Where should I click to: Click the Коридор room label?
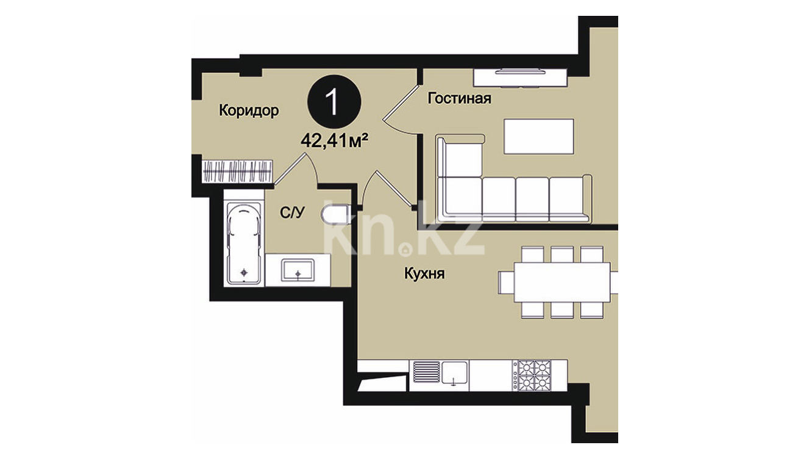pos(249,110)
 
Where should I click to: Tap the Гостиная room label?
pos(460,98)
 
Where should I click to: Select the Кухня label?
pos(424,273)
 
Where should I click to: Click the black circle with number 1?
pos(334,101)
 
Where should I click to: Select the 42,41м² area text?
pos(335,140)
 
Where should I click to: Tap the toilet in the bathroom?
pos(335,214)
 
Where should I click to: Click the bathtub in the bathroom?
pos(244,244)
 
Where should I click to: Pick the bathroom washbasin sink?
pos(298,270)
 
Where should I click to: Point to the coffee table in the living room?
pos(539,136)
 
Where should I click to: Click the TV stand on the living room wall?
pos(520,78)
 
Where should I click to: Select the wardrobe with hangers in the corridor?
pos(237,172)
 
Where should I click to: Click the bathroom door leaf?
pos(290,169)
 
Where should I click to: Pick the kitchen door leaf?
pos(396,189)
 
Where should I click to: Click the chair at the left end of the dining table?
pos(507,282)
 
